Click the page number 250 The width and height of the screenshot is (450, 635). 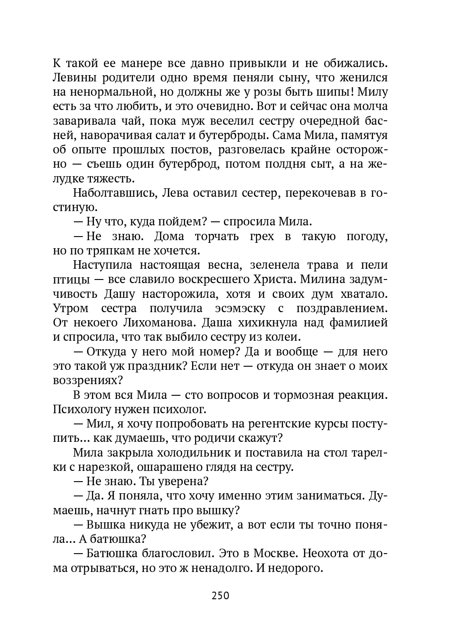[220, 596]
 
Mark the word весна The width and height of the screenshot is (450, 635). [219, 265]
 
